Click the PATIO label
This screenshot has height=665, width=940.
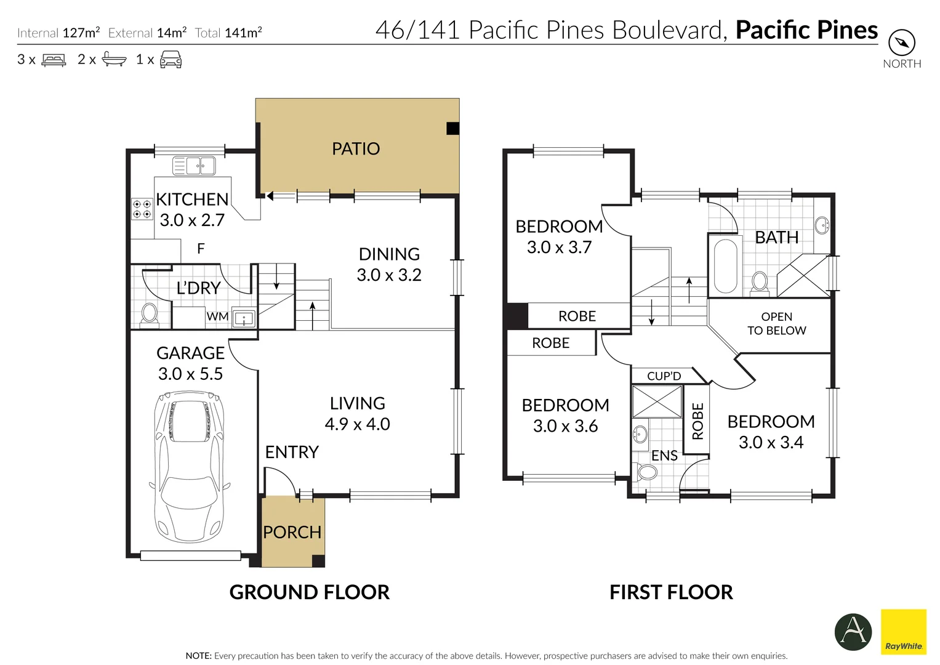click(x=356, y=148)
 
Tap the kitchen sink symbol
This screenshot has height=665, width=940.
click(x=194, y=166)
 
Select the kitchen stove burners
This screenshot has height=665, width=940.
click(x=142, y=209)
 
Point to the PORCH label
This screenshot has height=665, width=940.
click(x=292, y=532)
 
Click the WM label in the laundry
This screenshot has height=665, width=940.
click(x=217, y=316)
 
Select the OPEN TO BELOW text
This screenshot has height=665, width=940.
click(x=776, y=323)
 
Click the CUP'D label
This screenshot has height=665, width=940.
click(x=664, y=376)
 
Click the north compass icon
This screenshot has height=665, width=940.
click(x=902, y=43)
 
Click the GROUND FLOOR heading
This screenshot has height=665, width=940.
click(x=309, y=592)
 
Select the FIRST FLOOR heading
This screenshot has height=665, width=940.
click(x=671, y=592)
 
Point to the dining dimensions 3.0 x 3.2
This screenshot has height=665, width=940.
click(x=389, y=275)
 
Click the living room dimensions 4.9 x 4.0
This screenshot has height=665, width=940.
click(x=357, y=424)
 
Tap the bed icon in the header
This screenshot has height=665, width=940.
click(x=54, y=60)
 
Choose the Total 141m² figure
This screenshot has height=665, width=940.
click(x=228, y=33)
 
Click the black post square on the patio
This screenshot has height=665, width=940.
click(x=452, y=128)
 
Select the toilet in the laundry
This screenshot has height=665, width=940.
click(x=148, y=313)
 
